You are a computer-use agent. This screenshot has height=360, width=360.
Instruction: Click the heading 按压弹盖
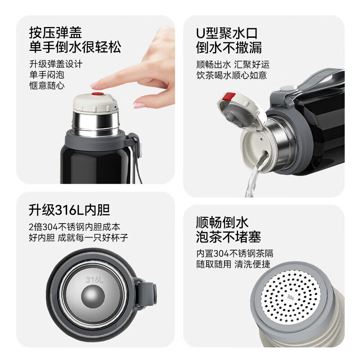[55, 32]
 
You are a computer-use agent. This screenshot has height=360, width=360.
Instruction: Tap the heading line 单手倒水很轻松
[75, 47]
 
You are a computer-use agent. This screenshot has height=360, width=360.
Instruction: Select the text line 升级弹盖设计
[56, 64]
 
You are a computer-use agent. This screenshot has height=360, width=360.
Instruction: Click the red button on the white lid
[98, 94]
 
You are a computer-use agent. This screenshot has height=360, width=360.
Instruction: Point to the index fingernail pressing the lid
[96, 84]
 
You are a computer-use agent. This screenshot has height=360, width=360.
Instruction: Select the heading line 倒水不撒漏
[229, 47]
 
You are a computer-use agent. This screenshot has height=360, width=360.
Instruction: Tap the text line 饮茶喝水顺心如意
[232, 75]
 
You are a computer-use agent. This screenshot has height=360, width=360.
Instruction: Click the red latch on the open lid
[229, 97]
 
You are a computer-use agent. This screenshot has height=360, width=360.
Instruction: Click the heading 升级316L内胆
[69, 210]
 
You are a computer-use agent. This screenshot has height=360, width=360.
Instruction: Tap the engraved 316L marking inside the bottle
[94, 279]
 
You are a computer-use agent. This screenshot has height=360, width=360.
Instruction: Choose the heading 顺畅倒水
[222, 222]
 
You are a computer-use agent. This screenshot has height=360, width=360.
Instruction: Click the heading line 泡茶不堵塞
[229, 237]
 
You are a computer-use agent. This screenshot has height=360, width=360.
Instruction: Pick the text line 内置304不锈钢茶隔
[234, 253]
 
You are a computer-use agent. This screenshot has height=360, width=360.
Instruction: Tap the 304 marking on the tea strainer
[290, 296]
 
